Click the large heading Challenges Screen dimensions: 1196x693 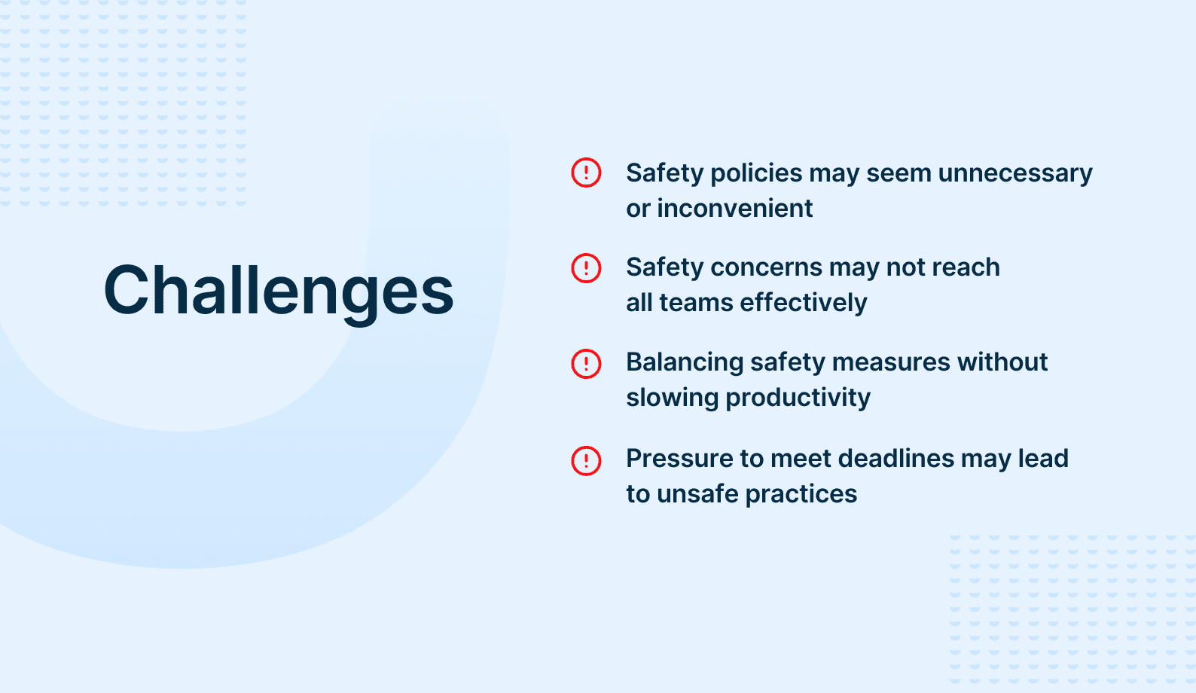pos(279,292)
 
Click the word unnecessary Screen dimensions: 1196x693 pos(1015,173)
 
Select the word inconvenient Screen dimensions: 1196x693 pos(734,208)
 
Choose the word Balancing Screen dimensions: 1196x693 pos(685,362)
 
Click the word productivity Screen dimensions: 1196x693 pos(798,398)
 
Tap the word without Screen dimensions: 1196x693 pos(1002,362)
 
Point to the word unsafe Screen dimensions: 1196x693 pos(697,494)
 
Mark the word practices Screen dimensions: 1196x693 pos(801,494)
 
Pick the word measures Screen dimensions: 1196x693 pos(891,362)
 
